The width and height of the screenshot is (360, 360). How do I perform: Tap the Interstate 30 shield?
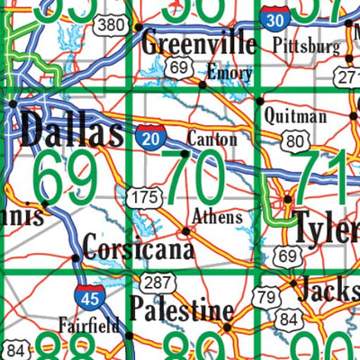coord(277,17)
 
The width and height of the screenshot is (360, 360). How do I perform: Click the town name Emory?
coord(229,71)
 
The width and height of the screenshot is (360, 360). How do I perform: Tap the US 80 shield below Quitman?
coord(292,140)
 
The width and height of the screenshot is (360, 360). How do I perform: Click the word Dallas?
coord(70,132)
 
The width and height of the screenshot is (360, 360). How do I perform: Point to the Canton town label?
coord(212,139)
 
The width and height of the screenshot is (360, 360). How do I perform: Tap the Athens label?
coord(218,217)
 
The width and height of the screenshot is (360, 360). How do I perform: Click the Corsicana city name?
coord(138,246)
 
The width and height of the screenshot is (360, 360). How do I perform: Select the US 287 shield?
coord(155,283)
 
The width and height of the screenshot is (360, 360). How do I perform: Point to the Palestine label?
coord(181,311)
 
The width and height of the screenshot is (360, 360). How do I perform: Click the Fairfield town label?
coord(88,325)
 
